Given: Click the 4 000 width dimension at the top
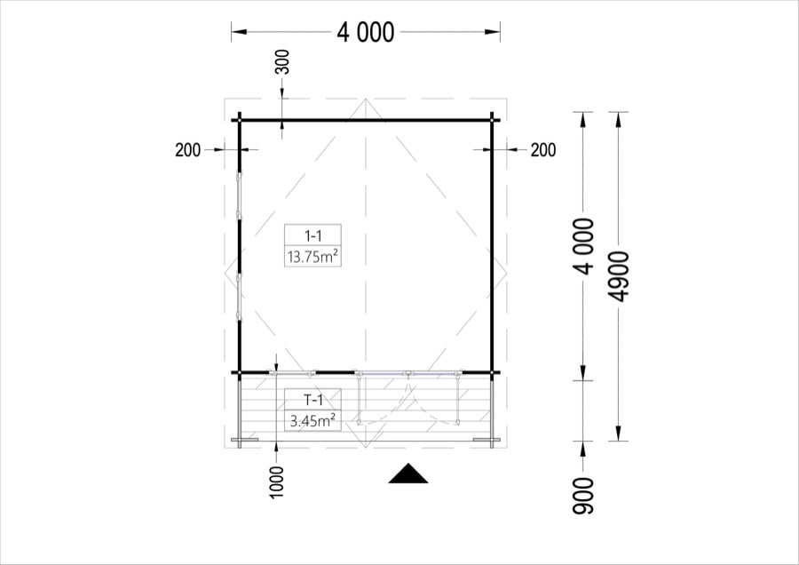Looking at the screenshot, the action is [366, 33].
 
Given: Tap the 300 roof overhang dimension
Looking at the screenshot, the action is [282, 61].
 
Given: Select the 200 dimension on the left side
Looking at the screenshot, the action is [187, 150].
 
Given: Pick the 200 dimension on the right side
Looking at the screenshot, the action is [543, 150].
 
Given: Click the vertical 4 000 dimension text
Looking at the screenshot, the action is [584, 246].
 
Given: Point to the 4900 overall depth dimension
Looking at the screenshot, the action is [620, 276].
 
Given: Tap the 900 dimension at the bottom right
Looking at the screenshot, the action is [583, 496].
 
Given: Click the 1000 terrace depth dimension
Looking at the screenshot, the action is [276, 481].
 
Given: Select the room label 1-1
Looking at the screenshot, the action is [312, 235].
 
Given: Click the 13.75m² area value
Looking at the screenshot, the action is [312, 256].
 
